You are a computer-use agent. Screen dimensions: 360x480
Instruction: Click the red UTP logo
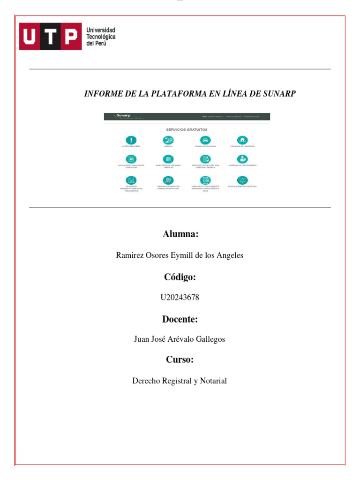(x=49, y=37)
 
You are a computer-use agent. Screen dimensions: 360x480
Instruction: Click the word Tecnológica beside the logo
(x=101, y=37)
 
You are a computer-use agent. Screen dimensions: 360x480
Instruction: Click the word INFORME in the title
(x=102, y=94)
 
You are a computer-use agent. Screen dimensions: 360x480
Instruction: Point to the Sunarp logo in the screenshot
(x=123, y=116)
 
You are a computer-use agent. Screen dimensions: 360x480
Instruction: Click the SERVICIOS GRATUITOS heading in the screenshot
(x=187, y=129)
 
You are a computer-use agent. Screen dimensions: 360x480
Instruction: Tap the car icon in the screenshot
(x=205, y=140)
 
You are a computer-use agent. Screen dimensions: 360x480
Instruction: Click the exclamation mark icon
(x=132, y=140)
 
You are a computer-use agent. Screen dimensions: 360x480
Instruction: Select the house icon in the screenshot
(x=242, y=140)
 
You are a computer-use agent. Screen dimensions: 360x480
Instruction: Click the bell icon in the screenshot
(x=242, y=180)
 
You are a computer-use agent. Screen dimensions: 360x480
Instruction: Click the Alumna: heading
(x=180, y=234)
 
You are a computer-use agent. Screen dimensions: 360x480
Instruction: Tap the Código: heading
(x=180, y=277)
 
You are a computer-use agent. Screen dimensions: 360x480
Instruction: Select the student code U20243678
(x=180, y=297)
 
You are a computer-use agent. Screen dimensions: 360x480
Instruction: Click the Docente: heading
(x=180, y=319)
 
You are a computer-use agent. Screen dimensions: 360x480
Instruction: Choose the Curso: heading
(x=180, y=360)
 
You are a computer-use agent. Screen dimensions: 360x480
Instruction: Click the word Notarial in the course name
(x=214, y=381)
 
